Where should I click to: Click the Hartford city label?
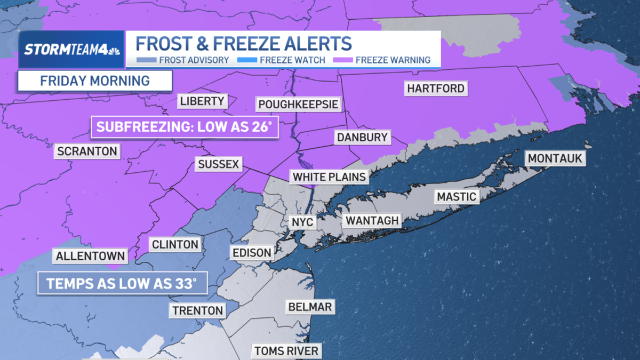(x=436, y=88)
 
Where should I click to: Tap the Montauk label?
(x=555, y=158)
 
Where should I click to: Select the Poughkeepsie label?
(x=298, y=104)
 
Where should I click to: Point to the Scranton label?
(x=87, y=151)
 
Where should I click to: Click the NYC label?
(x=302, y=222)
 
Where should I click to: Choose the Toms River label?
(x=286, y=350)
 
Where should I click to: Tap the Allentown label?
(x=90, y=255)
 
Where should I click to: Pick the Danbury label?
(x=362, y=137)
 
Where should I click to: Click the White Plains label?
(x=329, y=177)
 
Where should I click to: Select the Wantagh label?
(x=372, y=220)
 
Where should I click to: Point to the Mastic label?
(x=456, y=196)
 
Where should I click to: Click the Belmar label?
(x=310, y=307)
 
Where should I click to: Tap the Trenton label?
(x=197, y=310)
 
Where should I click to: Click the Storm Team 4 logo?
(x=71, y=50)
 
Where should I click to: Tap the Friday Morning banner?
(x=95, y=81)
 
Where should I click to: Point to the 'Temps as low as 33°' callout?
(x=122, y=283)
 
